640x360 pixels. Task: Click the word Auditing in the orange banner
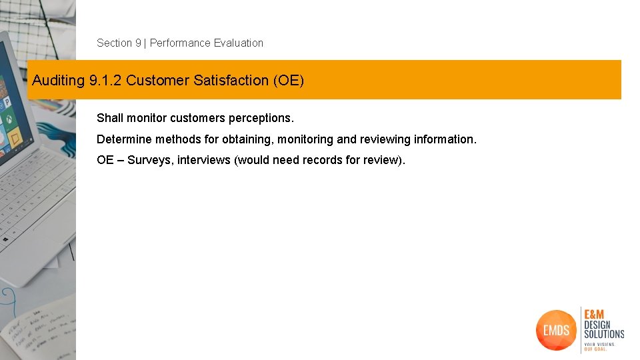(x=58, y=81)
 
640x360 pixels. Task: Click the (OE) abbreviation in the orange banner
(x=288, y=81)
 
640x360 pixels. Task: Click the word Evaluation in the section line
(x=239, y=43)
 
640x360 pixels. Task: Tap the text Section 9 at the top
(x=119, y=43)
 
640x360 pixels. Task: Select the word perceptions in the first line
(x=261, y=118)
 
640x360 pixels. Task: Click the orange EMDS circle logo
(x=555, y=329)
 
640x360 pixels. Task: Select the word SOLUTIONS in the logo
(x=604, y=333)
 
